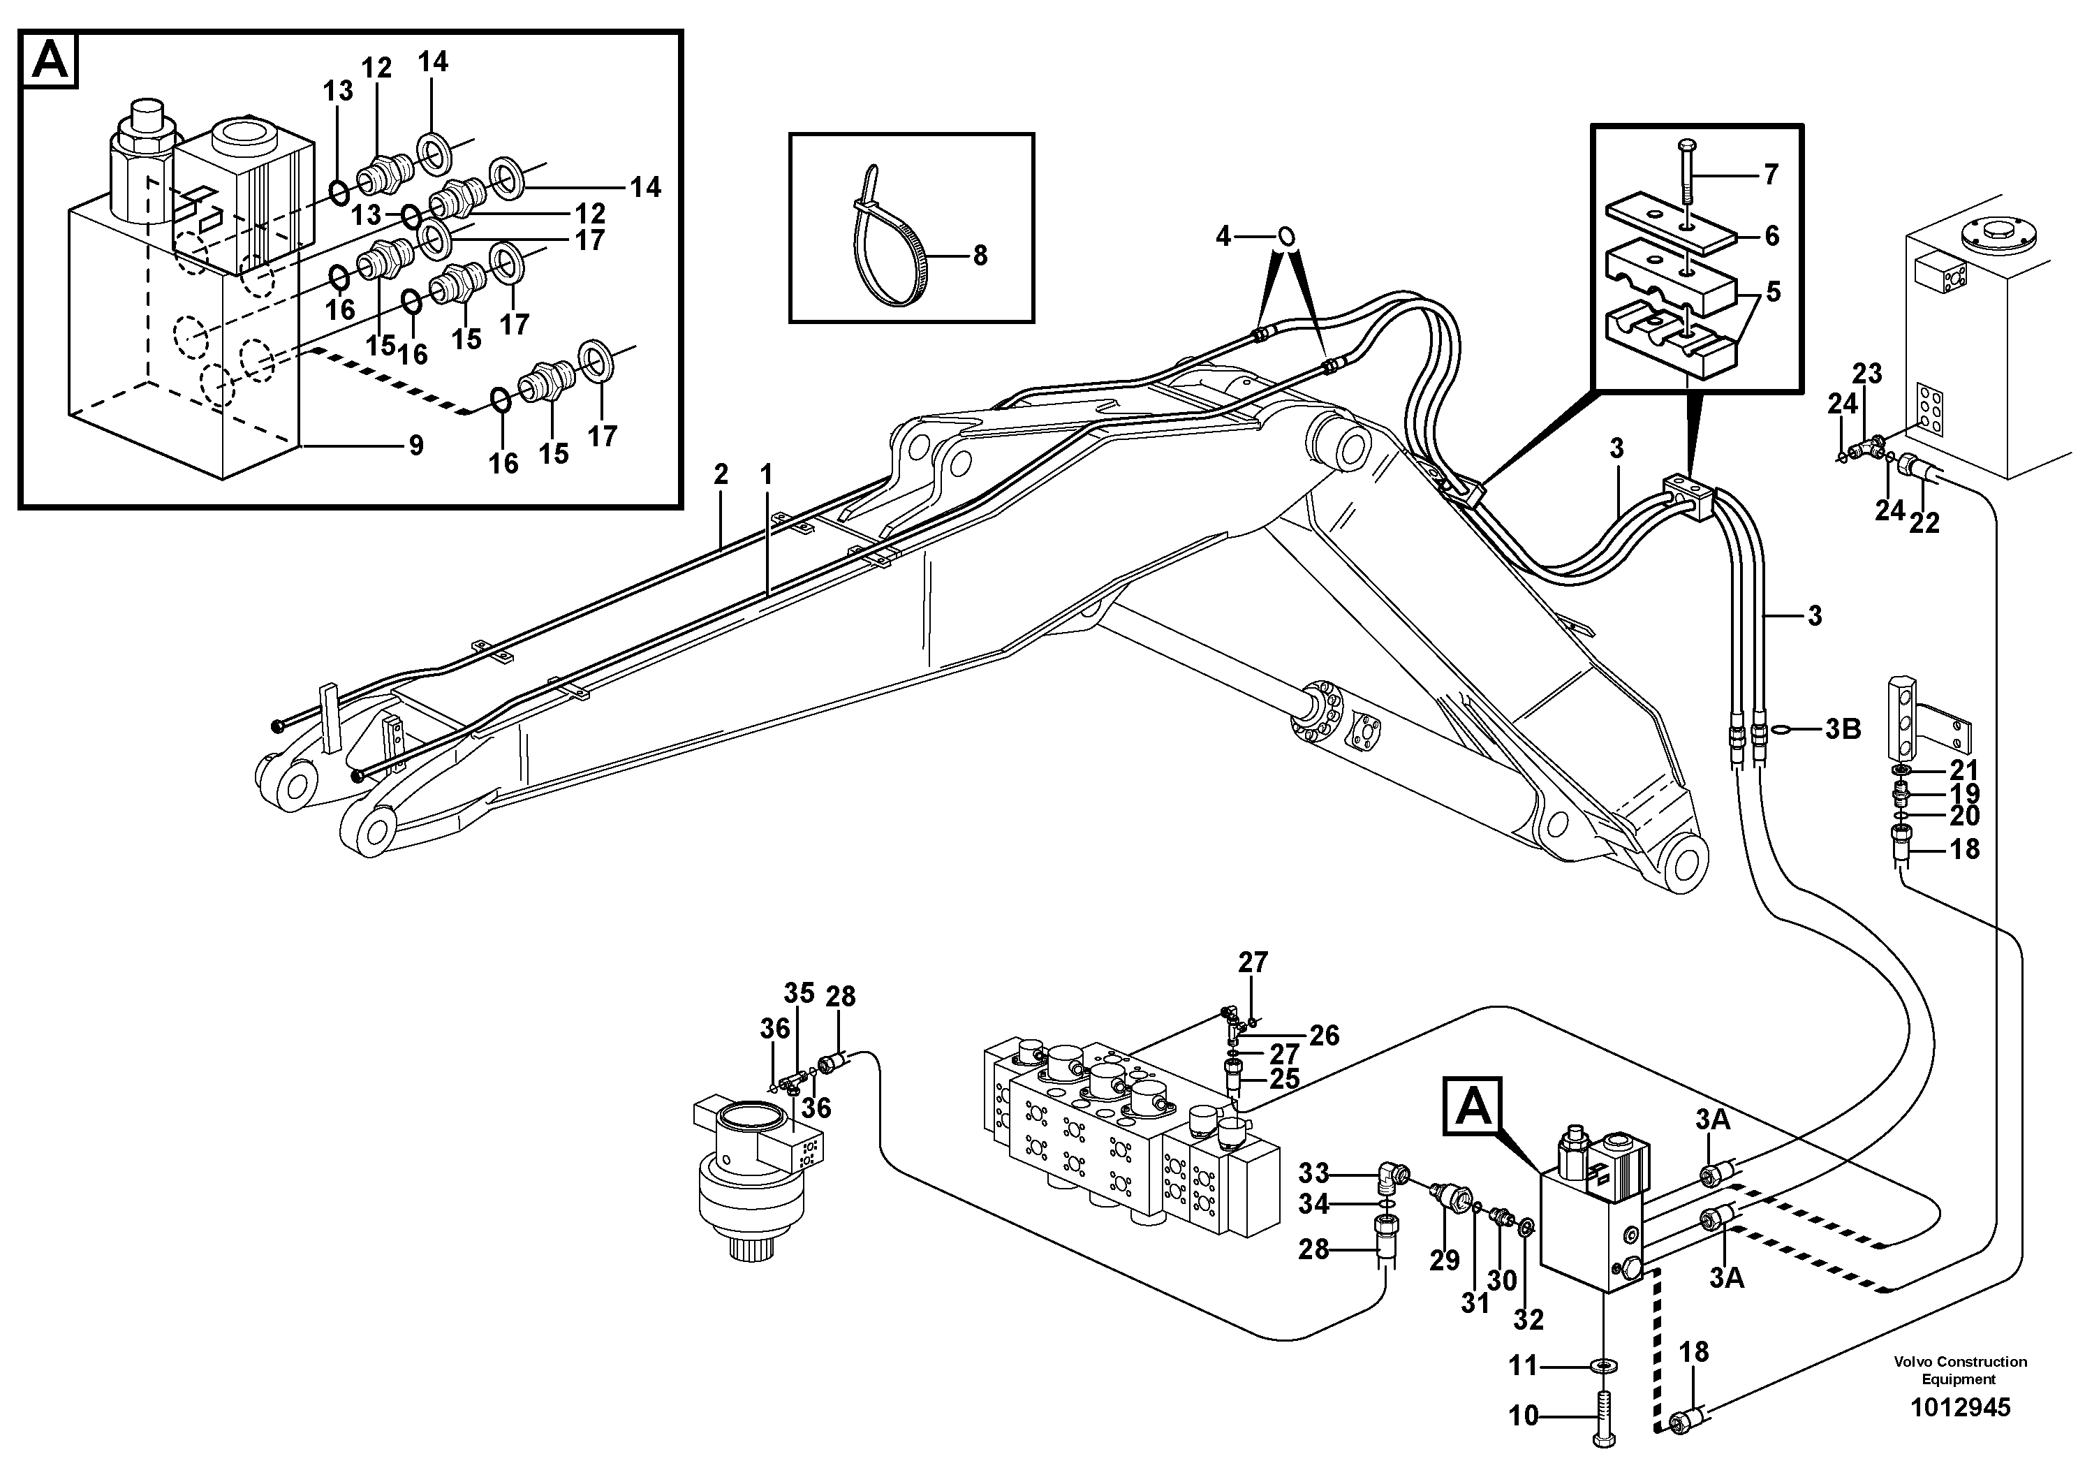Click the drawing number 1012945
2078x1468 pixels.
click(x=1959, y=1408)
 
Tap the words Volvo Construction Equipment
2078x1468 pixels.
click(x=1959, y=1370)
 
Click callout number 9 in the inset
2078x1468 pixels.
click(x=415, y=446)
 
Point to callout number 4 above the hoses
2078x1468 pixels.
click(x=1223, y=237)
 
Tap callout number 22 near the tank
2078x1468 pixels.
click(x=1923, y=522)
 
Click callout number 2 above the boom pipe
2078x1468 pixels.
click(x=721, y=474)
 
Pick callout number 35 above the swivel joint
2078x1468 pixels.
click(x=799, y=993)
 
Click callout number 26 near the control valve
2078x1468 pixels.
click(x=1324, y=1036)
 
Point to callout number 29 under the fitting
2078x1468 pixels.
click(x=1445, y=1260)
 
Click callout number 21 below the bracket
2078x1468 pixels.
click(x=1964, y=770)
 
